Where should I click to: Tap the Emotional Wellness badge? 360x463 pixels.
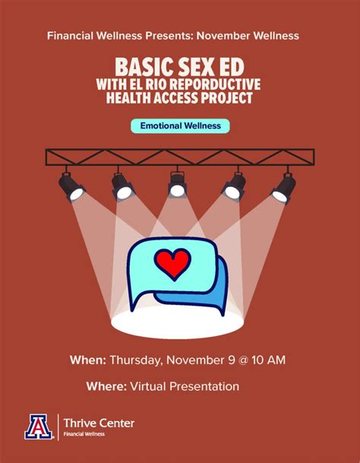179,125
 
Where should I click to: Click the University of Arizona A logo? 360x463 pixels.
36,427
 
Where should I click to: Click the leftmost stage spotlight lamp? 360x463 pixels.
71,186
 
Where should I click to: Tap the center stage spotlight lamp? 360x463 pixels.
178,184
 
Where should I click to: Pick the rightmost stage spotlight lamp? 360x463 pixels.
283,186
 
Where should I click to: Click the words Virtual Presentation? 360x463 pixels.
184,386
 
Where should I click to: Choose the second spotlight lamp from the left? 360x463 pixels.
122,185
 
